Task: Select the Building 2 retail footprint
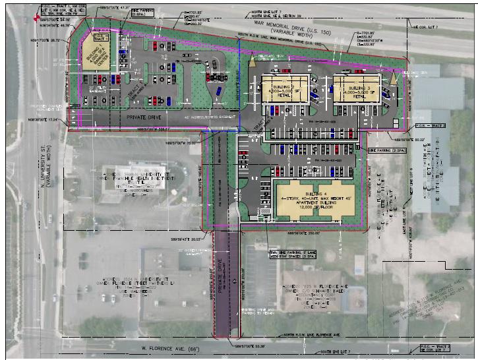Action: pos(286,89)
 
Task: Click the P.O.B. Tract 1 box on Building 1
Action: pos(98,38)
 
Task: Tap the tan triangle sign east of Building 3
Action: pos(394,76)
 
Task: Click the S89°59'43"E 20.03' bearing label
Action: pos(183,241)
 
